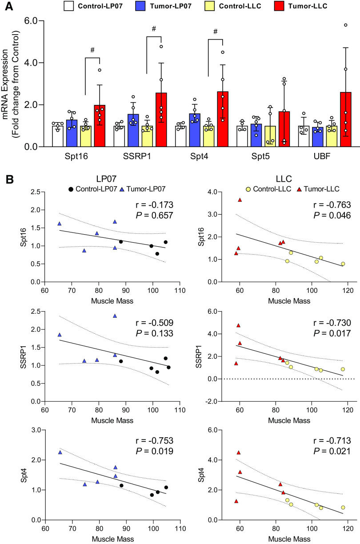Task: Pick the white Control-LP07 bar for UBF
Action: pyautogui.click(x=304, y=136)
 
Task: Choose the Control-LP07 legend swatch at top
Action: pyautogui.click(x=69, y=7)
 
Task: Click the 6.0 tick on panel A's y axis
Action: pyautogui.click(x=34, y=21)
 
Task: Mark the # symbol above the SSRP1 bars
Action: pyautogui.click(x=153, y=29)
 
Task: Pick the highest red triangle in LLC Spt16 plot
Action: pyautogui.click(x=240, y=200)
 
